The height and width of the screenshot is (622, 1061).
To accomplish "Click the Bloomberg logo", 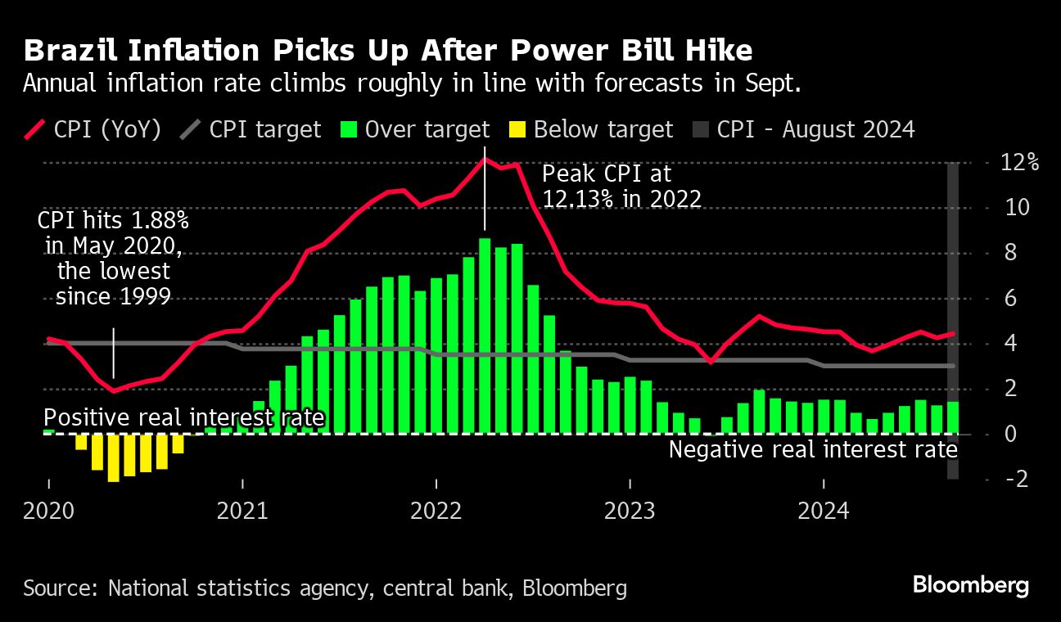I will pos(970,586).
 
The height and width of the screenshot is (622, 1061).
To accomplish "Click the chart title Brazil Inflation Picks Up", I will pos(388,52).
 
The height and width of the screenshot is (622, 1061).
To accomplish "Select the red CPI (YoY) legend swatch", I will pos(35,129).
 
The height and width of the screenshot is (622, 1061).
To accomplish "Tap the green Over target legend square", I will pos(350,129).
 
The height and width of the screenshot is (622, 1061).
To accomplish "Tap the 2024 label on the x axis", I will pos(823,512).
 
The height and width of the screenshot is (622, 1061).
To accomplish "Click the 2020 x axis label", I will pos(48,512).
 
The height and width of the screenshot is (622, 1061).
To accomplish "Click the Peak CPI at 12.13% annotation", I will pos(622,186).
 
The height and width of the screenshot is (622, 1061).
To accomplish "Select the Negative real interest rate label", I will pos(813,449).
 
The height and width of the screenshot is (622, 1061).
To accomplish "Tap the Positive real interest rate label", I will pos(184,418).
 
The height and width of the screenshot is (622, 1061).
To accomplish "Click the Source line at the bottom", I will pos(325,588).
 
